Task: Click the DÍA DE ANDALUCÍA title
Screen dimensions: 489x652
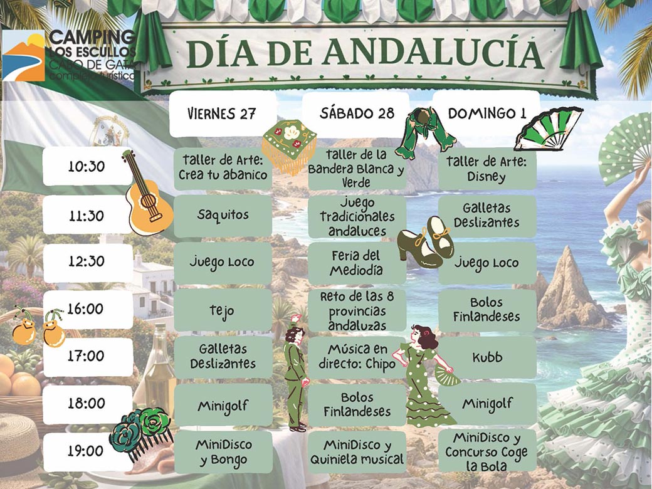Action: point(364,54)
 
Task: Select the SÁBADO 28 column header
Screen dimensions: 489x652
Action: point(357,113)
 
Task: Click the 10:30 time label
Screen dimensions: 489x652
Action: point(87,167)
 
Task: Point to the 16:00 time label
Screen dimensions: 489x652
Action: point(87,309)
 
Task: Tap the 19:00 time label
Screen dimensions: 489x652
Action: point(87,451)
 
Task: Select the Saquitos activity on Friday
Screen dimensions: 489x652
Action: point(223,215)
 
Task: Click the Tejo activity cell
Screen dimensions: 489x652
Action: point(223,310)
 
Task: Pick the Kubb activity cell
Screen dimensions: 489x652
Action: point(487,357)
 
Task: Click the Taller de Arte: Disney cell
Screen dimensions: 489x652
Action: point(487,169)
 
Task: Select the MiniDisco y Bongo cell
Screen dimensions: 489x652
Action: point(223,452)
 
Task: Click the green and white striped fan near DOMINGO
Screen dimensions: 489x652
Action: point(547,129)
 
